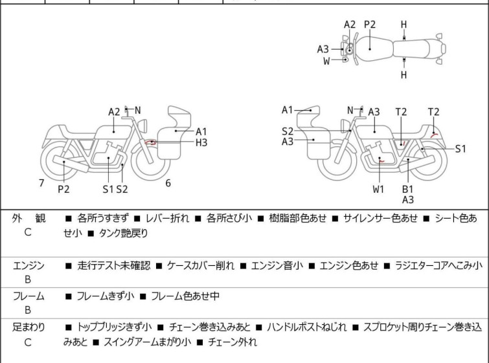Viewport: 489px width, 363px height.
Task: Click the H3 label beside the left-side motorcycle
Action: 201,142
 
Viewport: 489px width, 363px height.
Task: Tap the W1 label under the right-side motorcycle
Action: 378,190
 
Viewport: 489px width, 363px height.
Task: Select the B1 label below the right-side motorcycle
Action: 407,190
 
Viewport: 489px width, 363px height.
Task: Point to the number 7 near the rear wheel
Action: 41,183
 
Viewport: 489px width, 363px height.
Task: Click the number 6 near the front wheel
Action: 168,183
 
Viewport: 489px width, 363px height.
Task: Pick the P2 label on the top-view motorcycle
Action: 370,25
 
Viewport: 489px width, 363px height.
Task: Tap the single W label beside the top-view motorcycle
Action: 326,61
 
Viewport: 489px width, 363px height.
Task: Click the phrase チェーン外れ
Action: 232,342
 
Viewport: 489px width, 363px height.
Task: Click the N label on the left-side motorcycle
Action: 137,111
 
